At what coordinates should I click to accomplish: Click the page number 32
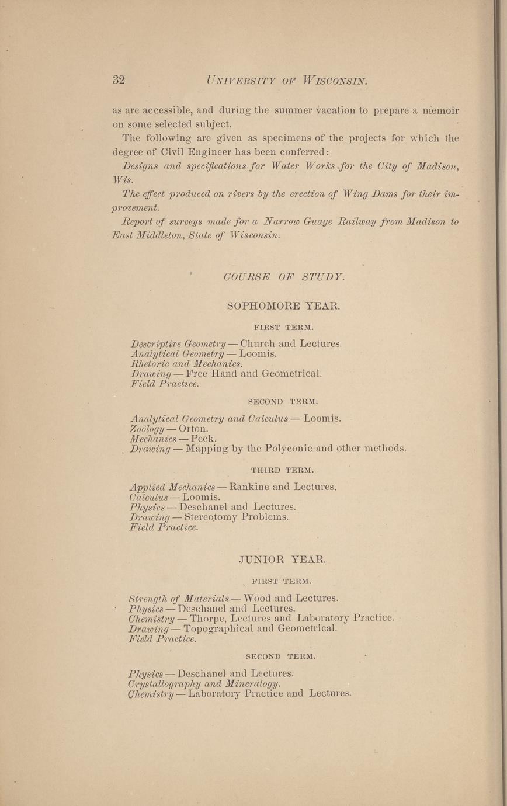point(119,80)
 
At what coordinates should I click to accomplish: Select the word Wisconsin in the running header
point(335,80)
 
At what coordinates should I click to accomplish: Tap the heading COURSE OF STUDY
point(284,277)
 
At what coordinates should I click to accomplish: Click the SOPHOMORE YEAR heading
point(283,305)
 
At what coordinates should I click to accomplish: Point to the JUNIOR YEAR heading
point(282,560)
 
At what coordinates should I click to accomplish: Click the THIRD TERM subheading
point(283,470)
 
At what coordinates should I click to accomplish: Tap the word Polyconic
point(293,449)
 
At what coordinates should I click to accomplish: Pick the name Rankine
point(249,487)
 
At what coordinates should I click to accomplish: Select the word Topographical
point(218,628)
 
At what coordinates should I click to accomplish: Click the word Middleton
point(165,235)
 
